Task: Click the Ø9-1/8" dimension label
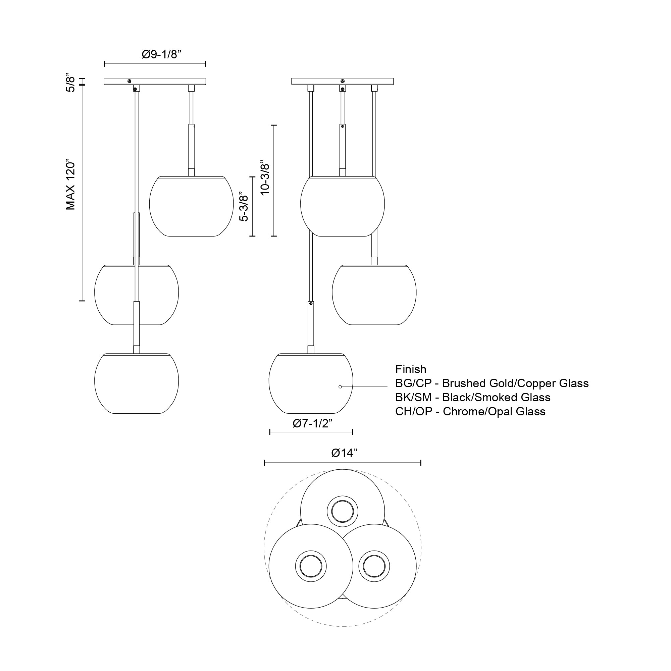[x=162, y=55]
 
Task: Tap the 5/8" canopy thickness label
[x=70, y=82]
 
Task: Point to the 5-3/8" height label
[x=245, y=208]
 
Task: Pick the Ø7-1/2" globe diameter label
[x=312, y=423]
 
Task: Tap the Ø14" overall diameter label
[x=344, y=453]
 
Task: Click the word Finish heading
[x=411, y=369]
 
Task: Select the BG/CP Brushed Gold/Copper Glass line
[x=492, y=383]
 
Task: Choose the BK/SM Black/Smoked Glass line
[x=473, y=397]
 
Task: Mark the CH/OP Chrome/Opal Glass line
[x=470, y=411]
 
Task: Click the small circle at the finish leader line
[x=340, y=386]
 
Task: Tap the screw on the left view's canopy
[x=129, y=81]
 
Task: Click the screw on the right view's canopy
[x=343, y=81]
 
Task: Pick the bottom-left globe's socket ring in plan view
[x=311, y=566]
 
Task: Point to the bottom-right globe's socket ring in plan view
[x=374, y=566]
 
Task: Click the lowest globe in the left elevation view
[x=137, y=384]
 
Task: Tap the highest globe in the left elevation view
[x=191, y=207]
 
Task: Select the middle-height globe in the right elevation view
[x=374, y=295]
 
